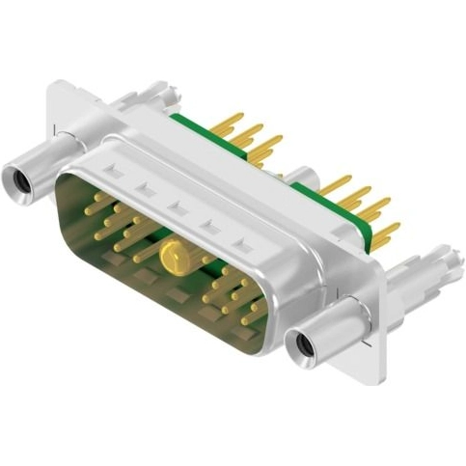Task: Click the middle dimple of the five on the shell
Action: [178, 206]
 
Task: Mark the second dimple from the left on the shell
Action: [144, 188]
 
